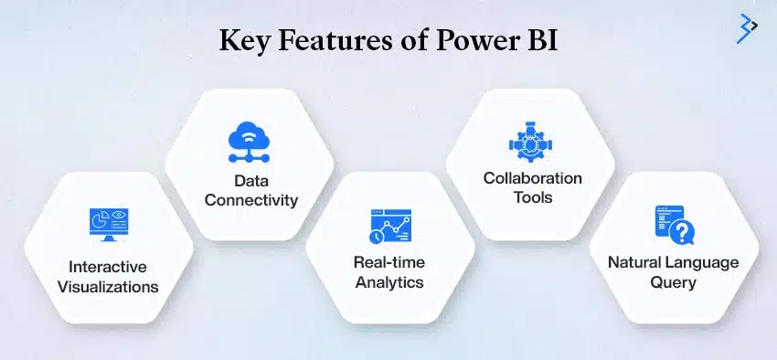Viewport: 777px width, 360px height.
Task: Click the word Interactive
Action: [x=109, y=267]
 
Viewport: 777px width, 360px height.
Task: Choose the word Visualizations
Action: [x=109, y=286]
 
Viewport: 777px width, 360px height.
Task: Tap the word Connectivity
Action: [x=251, y=199]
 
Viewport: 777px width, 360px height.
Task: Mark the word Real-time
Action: [x=389, y=262]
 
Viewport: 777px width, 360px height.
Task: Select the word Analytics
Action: [x=389, y=282]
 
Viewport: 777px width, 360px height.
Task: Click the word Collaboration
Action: [x=532, y=178]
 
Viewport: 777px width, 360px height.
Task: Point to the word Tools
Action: [x=532, y=198]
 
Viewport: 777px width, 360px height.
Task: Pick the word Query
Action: [x=674, y=282]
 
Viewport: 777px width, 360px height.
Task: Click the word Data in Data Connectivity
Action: [x=251, y=179]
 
